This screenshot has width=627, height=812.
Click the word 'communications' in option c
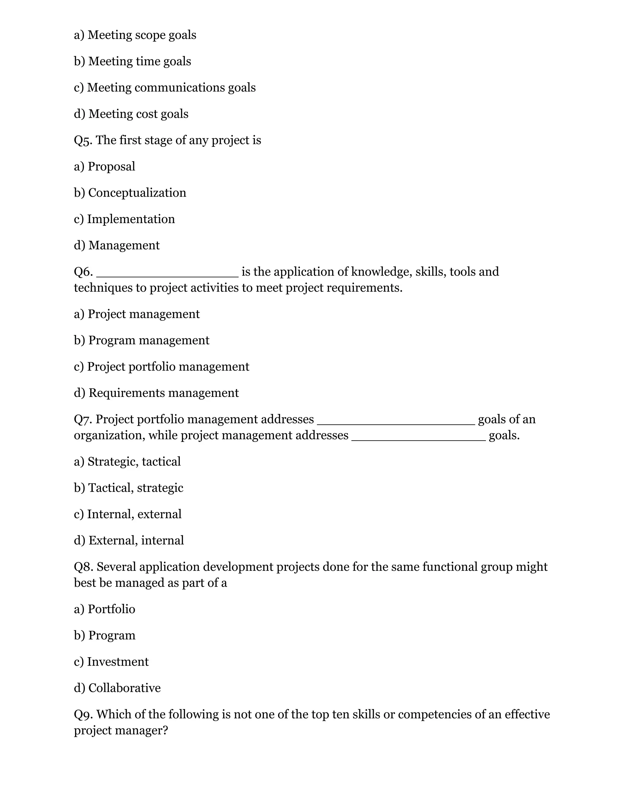(x=179, y=88)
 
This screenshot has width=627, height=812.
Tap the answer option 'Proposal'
(x=111, y=167)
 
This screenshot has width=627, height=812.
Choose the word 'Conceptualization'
(x=137, y=193)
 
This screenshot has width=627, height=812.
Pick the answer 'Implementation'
(x=131, y=219)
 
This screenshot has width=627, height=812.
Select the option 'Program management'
(x=148, y=340)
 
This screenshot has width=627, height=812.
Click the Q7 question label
(x=83, y=420)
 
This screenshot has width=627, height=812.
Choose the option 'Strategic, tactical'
(x=134, y=462)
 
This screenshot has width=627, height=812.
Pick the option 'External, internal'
(x=136, y=541)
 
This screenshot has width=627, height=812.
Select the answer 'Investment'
(x=118, y=662)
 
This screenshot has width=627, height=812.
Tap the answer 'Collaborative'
(x=124, y=688)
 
